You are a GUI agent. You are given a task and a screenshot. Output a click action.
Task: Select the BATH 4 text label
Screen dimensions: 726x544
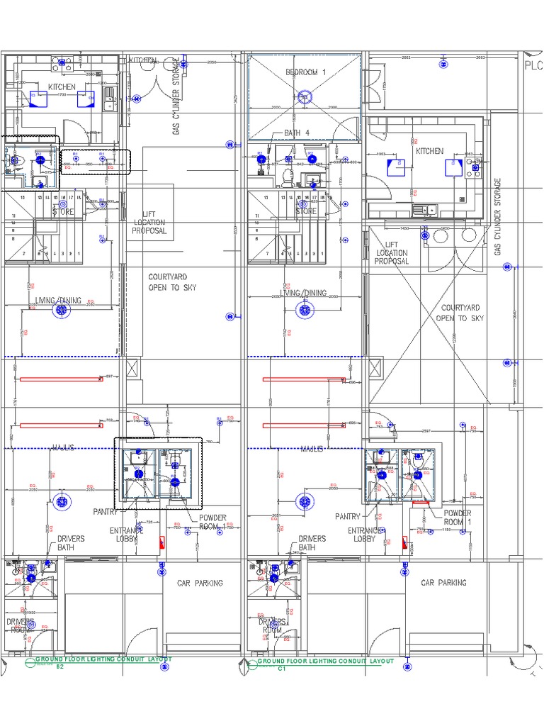[x=297, y=133]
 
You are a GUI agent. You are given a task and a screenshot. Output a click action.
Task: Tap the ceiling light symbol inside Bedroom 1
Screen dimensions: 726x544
[x=305, y=97]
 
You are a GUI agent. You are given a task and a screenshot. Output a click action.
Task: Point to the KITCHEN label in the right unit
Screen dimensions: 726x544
[x=429, y=151]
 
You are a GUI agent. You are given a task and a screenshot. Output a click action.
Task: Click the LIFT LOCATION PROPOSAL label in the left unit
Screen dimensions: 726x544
[x=149, y=223]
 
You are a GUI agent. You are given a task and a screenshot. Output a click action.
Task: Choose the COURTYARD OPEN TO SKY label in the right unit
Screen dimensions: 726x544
[x=460, y=313]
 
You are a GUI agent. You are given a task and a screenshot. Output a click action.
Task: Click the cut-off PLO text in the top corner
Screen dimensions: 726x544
[x=533, y=65]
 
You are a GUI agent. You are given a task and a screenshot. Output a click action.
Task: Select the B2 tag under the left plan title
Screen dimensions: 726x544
[x=60, y=668]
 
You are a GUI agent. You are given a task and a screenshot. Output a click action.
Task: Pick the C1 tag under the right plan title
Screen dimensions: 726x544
[x=281, y=668]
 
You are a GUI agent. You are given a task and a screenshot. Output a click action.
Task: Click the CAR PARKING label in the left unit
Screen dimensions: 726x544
[x=200, y=583]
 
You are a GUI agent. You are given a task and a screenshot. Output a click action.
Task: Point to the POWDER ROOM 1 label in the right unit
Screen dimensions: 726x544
[x=458, y=518]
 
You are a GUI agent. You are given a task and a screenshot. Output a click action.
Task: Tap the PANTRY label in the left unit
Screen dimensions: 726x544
[x=106, y=511]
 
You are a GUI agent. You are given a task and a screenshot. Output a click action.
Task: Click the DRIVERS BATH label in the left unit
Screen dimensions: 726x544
[x=71, y=543]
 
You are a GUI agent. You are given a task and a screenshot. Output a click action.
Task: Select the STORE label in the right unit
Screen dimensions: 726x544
[x=306, y=211]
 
